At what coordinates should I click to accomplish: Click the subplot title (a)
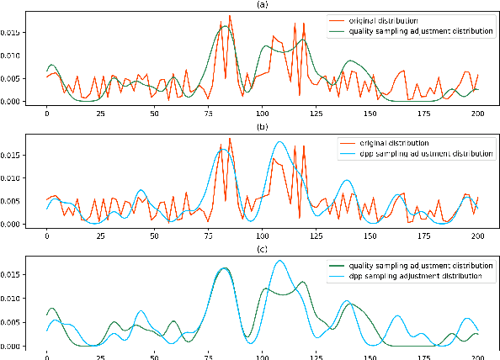tap(263, 4)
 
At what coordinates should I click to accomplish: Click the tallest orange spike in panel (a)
tap(230, 16)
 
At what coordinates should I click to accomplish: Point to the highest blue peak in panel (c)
tap(279, 261)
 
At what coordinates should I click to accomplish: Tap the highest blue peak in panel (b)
tap(279, 142)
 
